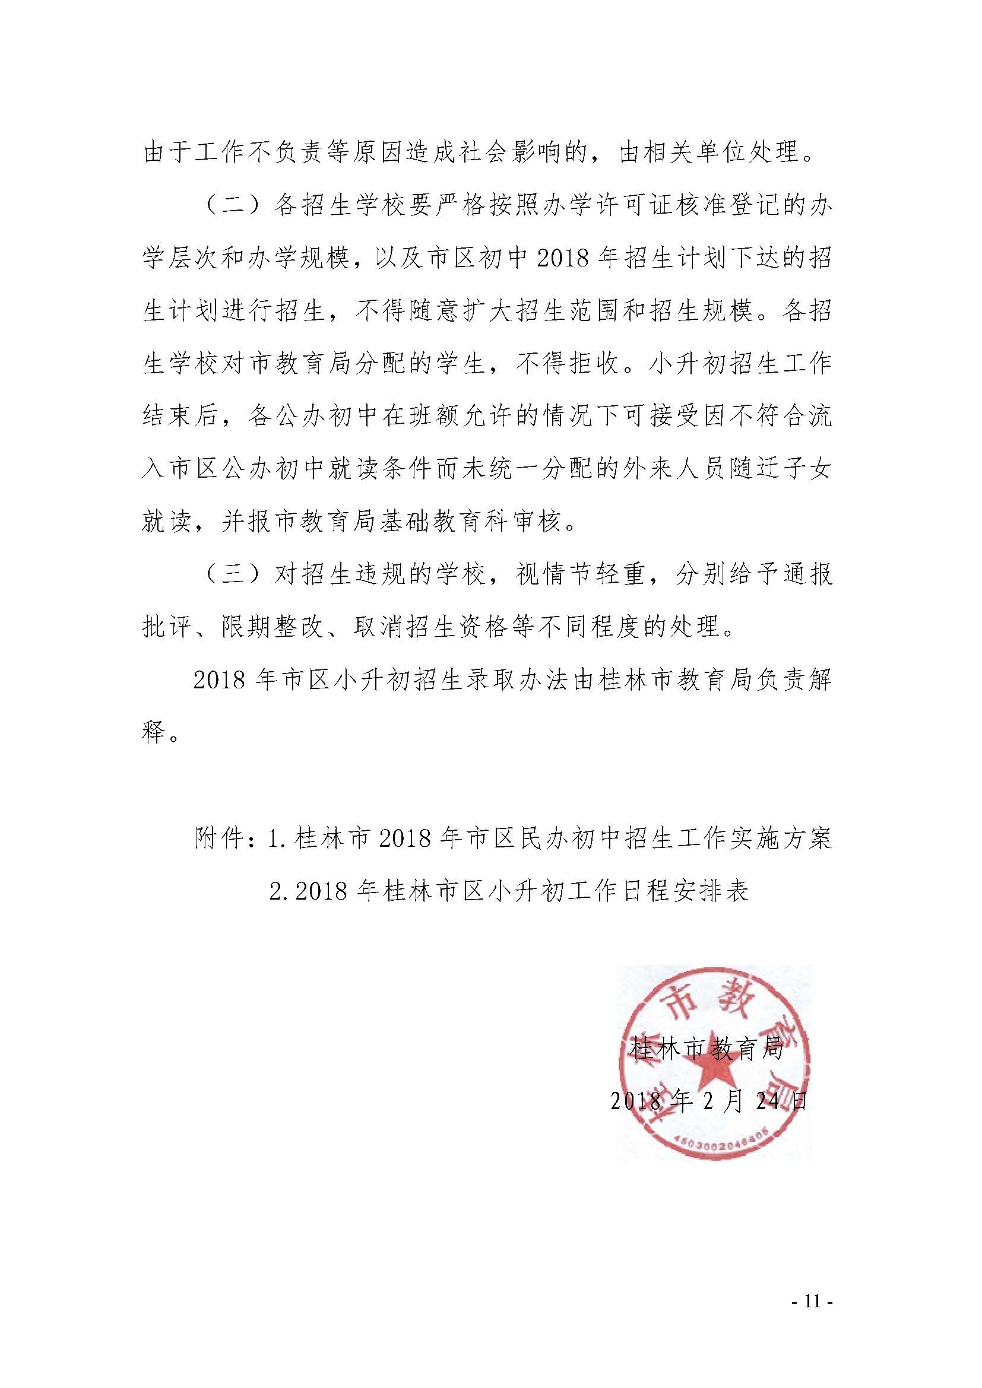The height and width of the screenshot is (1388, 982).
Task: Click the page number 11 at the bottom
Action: (812, 1299)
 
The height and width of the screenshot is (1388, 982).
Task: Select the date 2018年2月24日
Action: (708, 1101)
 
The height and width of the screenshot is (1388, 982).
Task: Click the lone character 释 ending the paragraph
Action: (153, 733)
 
